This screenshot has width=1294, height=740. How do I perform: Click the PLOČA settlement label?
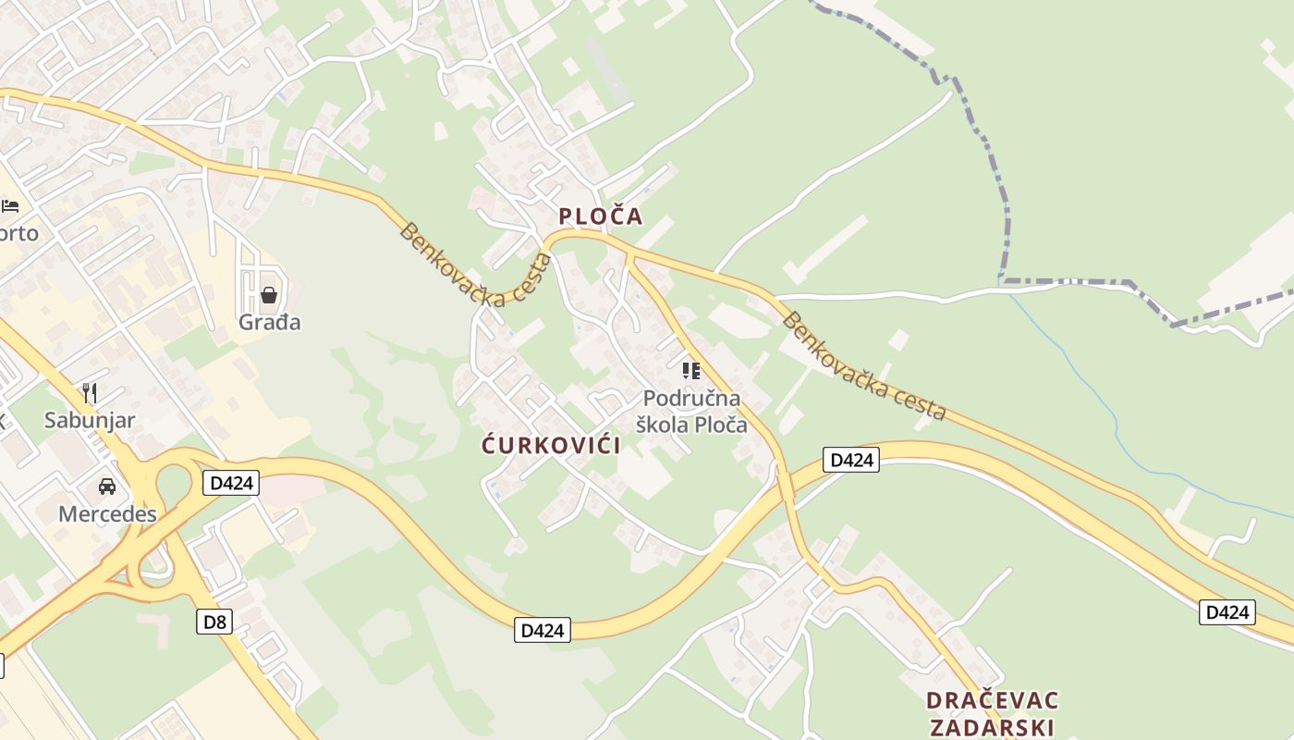click(600, 216)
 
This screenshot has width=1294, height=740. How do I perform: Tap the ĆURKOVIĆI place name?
click(551, 445)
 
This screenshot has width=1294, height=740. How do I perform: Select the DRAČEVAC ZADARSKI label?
click(992, 713)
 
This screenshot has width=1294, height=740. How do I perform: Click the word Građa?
click(269, 323)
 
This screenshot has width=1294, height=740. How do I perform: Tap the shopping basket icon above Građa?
click(269, 295)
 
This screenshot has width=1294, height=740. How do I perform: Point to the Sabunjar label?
click(90, 421)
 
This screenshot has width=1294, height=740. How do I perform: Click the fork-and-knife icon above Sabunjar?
click(90, 393)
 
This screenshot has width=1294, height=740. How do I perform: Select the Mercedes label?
click(107, 514)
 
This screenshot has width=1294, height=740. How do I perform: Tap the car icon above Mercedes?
click(107, 487)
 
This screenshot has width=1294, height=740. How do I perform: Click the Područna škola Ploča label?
click(692, 412)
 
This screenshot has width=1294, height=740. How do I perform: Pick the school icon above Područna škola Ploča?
click(691, 371)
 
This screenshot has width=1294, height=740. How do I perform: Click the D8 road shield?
click(214, 622)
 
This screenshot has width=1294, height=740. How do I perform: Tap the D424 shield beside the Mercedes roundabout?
click(231, 483)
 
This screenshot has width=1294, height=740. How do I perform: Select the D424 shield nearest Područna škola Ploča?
click(850, 460)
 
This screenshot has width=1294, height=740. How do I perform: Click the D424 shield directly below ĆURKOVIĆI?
click(543, 631)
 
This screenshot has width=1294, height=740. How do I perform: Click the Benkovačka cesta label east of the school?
click(864, 366)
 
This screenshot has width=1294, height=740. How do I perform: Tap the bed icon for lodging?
click(10, 205)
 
